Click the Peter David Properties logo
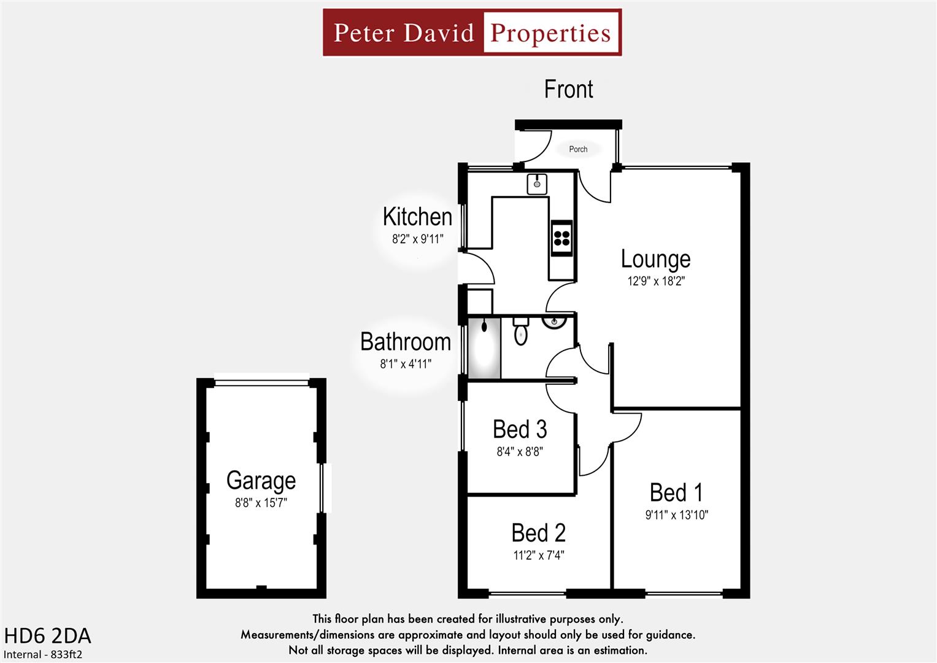(472, 33)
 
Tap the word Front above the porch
(568, 90)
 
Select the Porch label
(578, 149)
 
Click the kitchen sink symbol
(537, 184)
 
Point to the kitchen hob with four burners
(561, 236)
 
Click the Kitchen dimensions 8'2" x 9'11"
(417, 239)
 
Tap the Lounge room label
(655, 259)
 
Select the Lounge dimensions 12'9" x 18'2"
(655, 281)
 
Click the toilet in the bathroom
(520, 331)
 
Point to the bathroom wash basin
(554, 322)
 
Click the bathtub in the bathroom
(484, 348)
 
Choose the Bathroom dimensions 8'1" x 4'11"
(406, 364)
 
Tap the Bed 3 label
(520, 429)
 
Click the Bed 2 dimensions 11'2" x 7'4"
(538, 556)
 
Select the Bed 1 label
(676, 492)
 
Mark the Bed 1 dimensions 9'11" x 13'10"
(676, 515)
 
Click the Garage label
(261, 480)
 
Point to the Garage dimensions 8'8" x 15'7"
(261, 503)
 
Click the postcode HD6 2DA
(47, 635)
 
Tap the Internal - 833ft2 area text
(43, 654)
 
